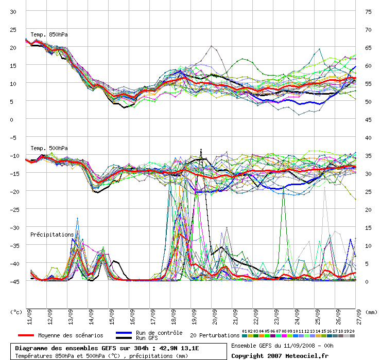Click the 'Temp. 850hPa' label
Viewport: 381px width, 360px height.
click(x=49, y=34)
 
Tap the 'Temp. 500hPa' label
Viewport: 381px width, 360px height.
click(x=49, y=148)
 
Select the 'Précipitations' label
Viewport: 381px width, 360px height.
click(x=52, y=235)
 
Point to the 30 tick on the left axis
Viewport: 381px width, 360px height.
click(x=13, y=11)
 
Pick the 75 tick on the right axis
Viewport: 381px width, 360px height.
click(x=368, y=11)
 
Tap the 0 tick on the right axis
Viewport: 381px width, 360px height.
click(x=366, y=281)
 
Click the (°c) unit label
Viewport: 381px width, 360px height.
click(x=17, y=312)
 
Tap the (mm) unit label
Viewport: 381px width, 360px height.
click(x=370, y=312)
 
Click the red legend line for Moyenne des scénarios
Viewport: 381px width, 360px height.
click(x=22, y=335)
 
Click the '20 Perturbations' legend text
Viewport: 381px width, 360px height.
click(x=215, y=335)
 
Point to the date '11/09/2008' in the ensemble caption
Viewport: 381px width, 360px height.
click(x=292, y=345)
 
